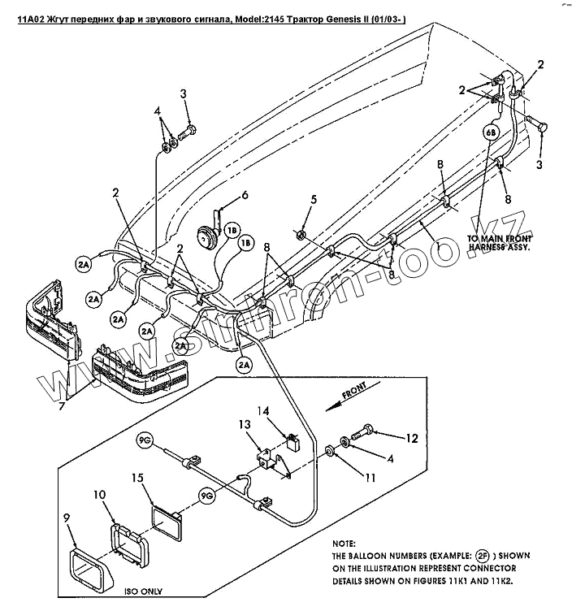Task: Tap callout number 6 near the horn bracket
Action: click(x=245, y=195)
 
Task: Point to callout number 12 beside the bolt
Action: click(x=412, y=438)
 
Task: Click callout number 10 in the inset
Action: click(x=99, y=495)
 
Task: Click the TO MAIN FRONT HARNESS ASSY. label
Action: click(x=498, y=243)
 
